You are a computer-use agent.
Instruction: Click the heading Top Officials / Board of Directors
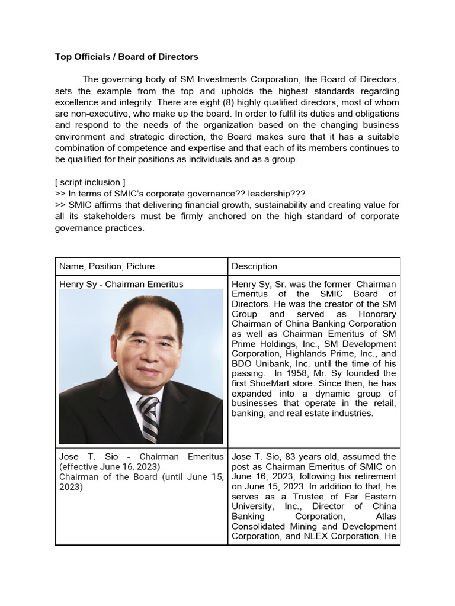point(126,57)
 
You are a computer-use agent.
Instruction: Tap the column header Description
point(254,266)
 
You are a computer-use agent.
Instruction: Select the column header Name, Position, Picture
point(107,266)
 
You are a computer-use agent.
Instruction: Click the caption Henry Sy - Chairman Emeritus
point(121,284)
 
